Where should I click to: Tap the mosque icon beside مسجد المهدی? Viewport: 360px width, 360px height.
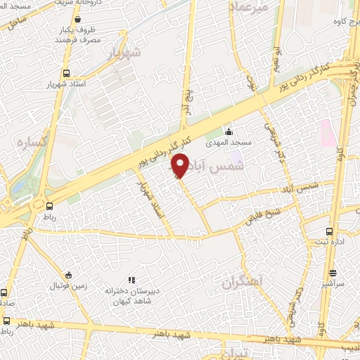click(x=228, y=131)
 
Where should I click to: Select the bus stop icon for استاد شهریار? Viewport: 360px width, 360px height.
click(x=66, y=73)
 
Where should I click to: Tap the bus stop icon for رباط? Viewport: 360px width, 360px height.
click(x=49, y=206)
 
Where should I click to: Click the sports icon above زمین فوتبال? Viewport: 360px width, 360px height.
click(x=67, y=275)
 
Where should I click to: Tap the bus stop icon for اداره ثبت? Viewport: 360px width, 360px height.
click(x=329, y=231)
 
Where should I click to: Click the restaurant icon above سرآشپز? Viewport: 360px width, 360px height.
click(x=333, y=273)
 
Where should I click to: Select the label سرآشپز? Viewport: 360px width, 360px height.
click(x=333, y=283)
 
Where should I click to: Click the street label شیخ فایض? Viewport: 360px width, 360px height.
click(x=264, y=214)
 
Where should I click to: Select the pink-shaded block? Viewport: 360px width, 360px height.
click(x=328, y=132)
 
